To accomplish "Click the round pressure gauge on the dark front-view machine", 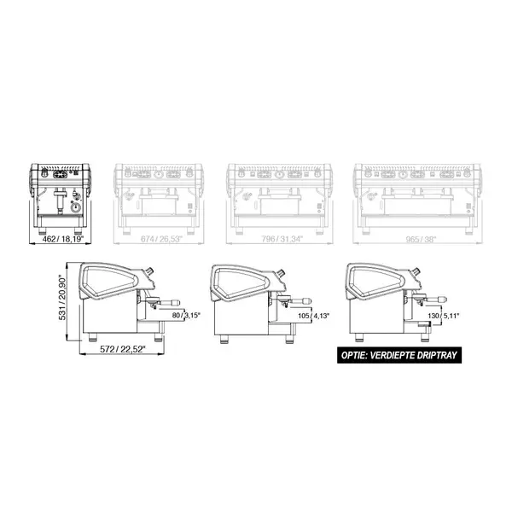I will point(74,207).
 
